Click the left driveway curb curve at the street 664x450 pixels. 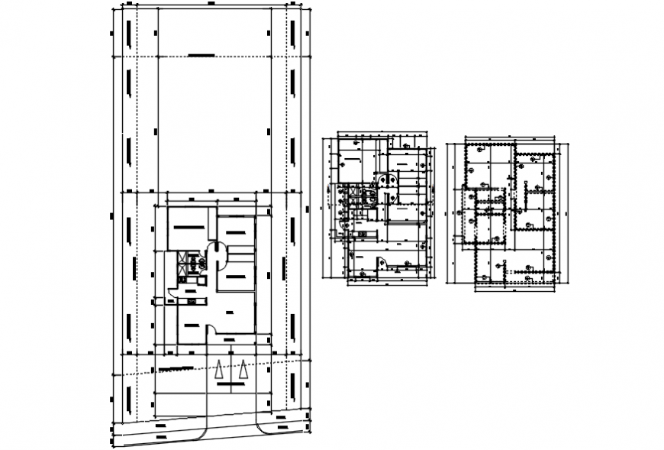(204, 434)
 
